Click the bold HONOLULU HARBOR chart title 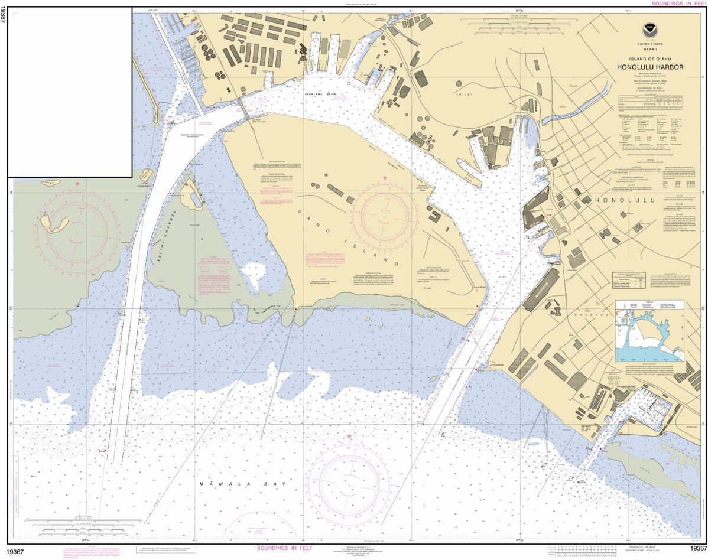click(x=650, y=67)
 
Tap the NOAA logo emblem click(x=650, y=29)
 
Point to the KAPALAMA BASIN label click(x=320, y=94)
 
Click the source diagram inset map click(x=649, y=330)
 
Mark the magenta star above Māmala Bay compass click(x=349, y=437)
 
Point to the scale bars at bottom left click(x=83, y=524)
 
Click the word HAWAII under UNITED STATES click(x=650, y=49)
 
